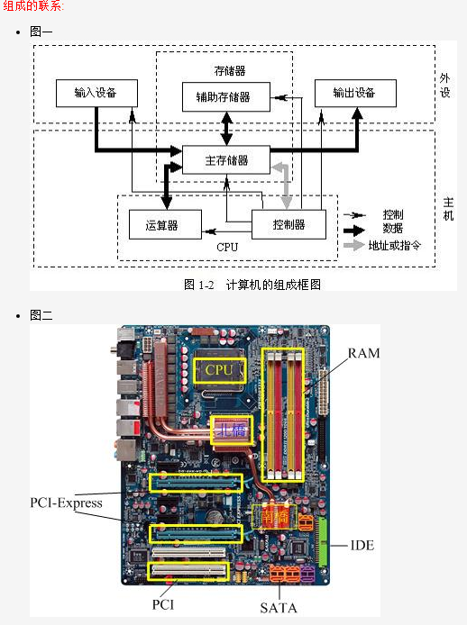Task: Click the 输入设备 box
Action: tap(96, 94)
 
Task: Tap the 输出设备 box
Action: tap(353, 94)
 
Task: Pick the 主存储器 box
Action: tap(226, 161)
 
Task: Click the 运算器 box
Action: tap(164, 224)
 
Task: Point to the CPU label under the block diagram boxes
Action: tap(227, 247)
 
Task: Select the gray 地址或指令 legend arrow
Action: tap(355, 245)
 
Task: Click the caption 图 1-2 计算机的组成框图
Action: tap(252, 284)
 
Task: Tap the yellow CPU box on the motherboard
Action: tap(219, 369)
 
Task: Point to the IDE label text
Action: tap(362, 546)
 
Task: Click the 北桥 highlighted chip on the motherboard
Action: tap(230, 430)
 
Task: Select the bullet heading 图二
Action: tap(41, 314)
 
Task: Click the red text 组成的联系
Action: tap(32, 6)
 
